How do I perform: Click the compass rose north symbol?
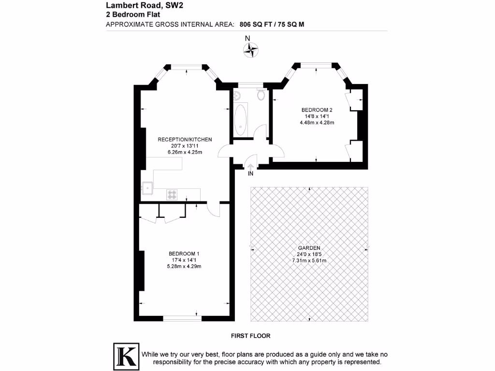250,49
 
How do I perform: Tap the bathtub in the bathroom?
240,120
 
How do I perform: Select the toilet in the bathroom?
261,94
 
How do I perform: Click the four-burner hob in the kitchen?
172,194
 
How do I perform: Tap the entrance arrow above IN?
250,165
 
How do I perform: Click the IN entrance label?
250,173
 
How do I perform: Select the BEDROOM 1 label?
184,254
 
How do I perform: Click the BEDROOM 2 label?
317,110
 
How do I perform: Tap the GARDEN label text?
309,248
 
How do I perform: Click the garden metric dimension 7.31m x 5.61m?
309,260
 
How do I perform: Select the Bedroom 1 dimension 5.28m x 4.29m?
184,266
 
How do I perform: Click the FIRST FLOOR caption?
250,335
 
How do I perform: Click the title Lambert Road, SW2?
138,6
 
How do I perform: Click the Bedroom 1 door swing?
213,209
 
